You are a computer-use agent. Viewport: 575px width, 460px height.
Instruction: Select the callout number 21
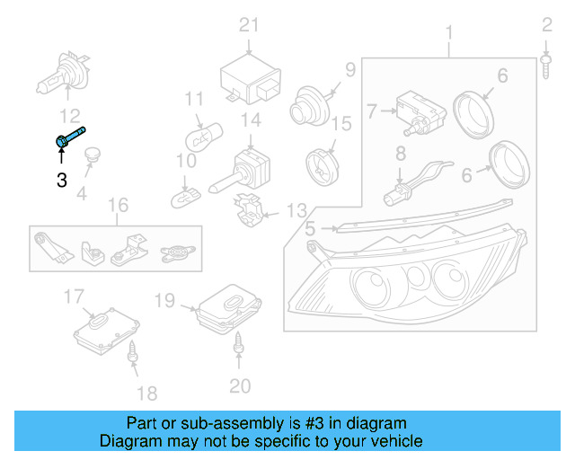(x=248, y=24)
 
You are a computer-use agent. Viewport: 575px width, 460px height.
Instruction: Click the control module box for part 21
(x=252, y=75)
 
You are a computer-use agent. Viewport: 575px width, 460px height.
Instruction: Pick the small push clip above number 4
(x=92, y=158)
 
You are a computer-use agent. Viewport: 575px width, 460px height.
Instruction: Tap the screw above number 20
(x=240, y=342)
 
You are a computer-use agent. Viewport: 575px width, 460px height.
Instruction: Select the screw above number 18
(x=134, y=352)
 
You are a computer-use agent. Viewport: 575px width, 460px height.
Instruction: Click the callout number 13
(x=296, y=211)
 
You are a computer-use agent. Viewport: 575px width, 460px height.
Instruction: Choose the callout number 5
(x=310, y=229)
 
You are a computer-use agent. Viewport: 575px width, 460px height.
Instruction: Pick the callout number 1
(x=449, y=34)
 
